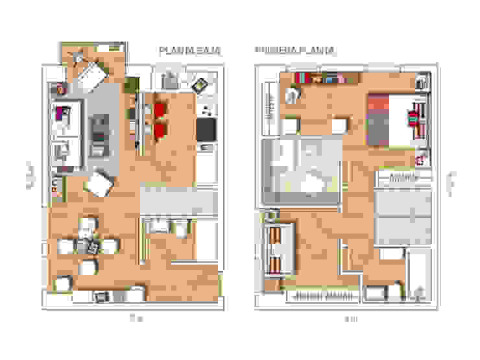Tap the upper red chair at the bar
161,109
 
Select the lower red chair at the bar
161,132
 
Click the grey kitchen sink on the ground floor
170,80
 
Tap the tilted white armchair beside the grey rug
101,184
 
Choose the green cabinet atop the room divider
131,85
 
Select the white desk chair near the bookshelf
293,95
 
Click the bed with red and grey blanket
391,119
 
